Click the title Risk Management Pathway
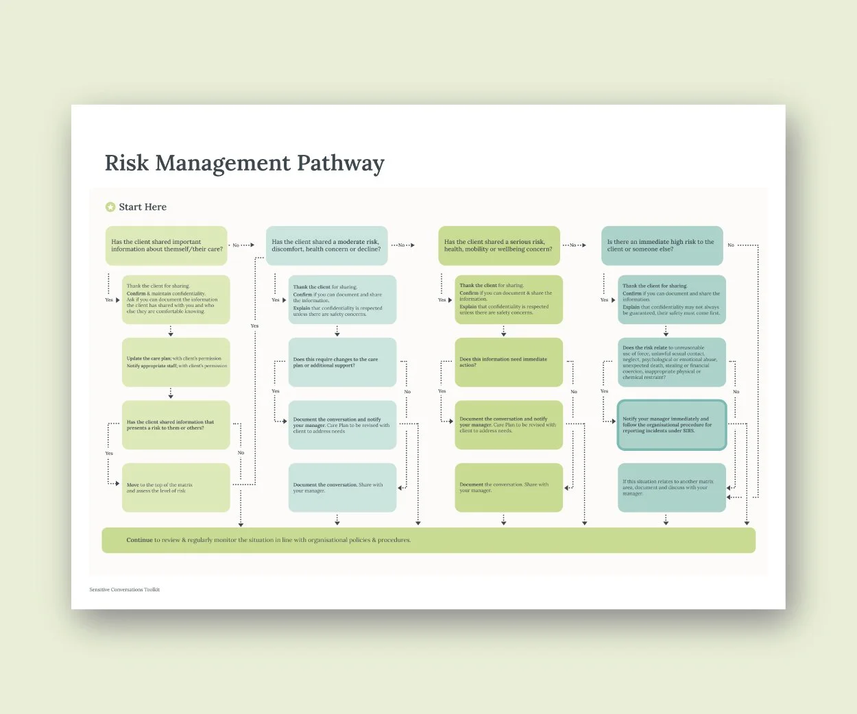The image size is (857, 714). click(244, 163)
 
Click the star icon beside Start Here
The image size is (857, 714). click(110, 207)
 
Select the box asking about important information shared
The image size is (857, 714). click(166, 245)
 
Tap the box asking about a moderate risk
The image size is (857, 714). click(326, 245)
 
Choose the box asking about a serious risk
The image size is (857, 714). click(498, 245)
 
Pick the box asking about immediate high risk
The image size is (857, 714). click(662, 245)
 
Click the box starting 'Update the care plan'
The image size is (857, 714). click(176, 362)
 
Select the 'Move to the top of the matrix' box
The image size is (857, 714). click(176, 487)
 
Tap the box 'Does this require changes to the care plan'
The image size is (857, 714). click(342, 362)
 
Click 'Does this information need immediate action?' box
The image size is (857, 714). click(509, 362)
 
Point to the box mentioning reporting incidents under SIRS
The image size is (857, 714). click(671, 425)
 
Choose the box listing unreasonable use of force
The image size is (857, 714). click(671, 362)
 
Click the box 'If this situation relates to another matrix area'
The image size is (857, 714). click(671, 487)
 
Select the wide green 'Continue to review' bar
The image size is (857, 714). click(428, 540)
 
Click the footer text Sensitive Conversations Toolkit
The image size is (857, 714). click(124, 589)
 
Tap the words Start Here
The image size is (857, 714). click(143, 207)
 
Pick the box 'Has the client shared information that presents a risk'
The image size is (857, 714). click(176, 425)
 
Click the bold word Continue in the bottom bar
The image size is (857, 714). click(139, 540)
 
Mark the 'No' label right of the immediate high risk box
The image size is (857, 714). click(731, 245)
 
